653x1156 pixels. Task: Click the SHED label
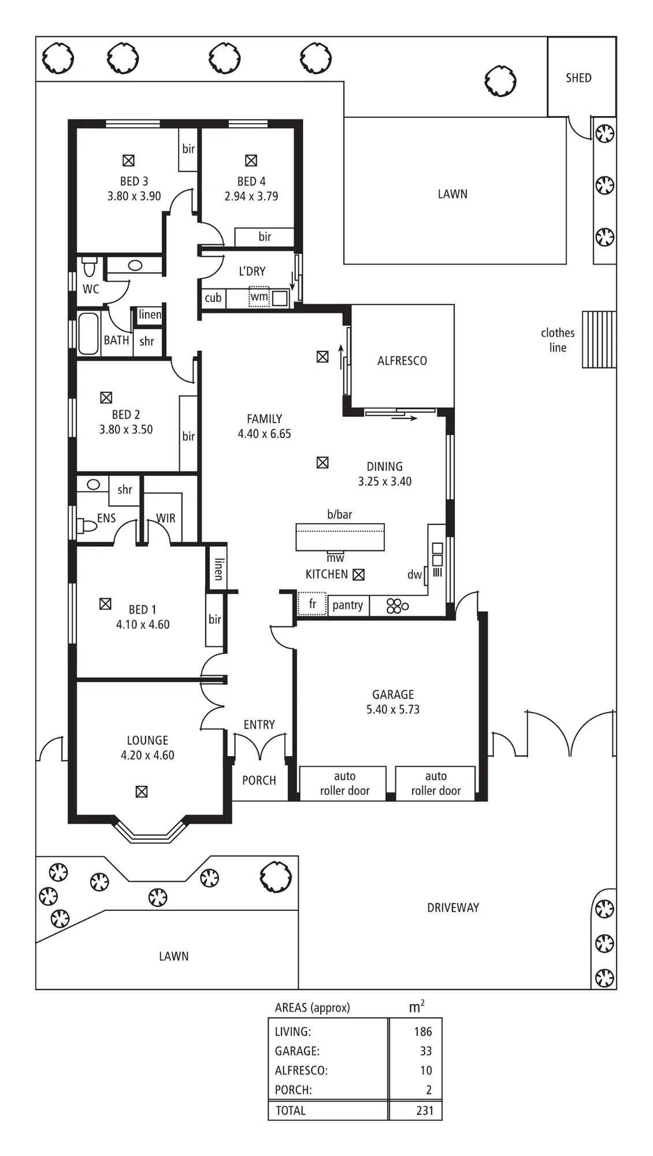click(578, 78)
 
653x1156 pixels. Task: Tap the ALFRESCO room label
click(402, 361)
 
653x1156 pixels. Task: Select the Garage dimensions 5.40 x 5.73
click(393, 709)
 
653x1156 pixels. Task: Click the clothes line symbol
click(599, 339)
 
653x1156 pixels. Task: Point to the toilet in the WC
click(89, 268)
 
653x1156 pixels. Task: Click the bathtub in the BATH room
click(88, 334)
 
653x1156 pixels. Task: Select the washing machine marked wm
click(259, 297)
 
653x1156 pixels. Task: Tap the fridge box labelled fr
click(312, 604)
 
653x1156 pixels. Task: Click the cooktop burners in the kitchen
click(398, 606)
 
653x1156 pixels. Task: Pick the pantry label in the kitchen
click(348, 605)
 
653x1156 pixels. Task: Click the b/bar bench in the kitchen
click(340, 537)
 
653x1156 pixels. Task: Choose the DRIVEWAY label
click(453, 907)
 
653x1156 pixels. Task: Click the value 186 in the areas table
click(423, 1031)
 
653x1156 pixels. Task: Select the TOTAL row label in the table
click(290, 1110)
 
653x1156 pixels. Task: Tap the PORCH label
click(259, 780)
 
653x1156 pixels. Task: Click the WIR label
click(166, 518)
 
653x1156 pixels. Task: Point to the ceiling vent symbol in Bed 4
click(251, 161)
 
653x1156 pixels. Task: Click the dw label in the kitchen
click(414, 575)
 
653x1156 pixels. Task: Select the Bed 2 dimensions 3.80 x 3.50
click(126, 429)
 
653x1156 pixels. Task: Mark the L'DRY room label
click(252, 271)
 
